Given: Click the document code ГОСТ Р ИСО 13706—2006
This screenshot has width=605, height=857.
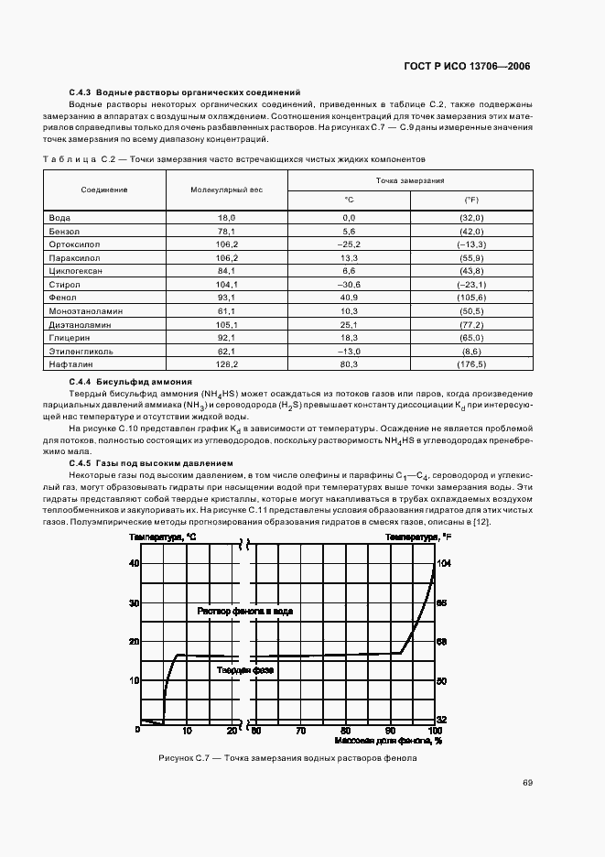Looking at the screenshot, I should point(467,67).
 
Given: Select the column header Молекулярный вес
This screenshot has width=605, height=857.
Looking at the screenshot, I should point(226,189).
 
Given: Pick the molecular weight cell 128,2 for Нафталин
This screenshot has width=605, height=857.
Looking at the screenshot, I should point(226,364).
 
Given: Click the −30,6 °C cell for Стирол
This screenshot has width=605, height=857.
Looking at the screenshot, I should point(348,284).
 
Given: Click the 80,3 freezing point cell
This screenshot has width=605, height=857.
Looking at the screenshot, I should point(348,364).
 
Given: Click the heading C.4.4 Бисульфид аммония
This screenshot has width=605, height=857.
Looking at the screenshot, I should point(130,381).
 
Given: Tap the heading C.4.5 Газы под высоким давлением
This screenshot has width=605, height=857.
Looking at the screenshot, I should point(151,463).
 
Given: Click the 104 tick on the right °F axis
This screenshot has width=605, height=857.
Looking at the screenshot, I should point(444,563).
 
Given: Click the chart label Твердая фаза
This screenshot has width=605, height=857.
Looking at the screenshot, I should point(245,670).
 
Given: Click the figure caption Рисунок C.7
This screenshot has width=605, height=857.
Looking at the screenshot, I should point(287,758).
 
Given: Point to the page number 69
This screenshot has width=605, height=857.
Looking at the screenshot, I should point(527,782).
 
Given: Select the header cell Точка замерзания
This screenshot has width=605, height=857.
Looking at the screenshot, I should point(410,181).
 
